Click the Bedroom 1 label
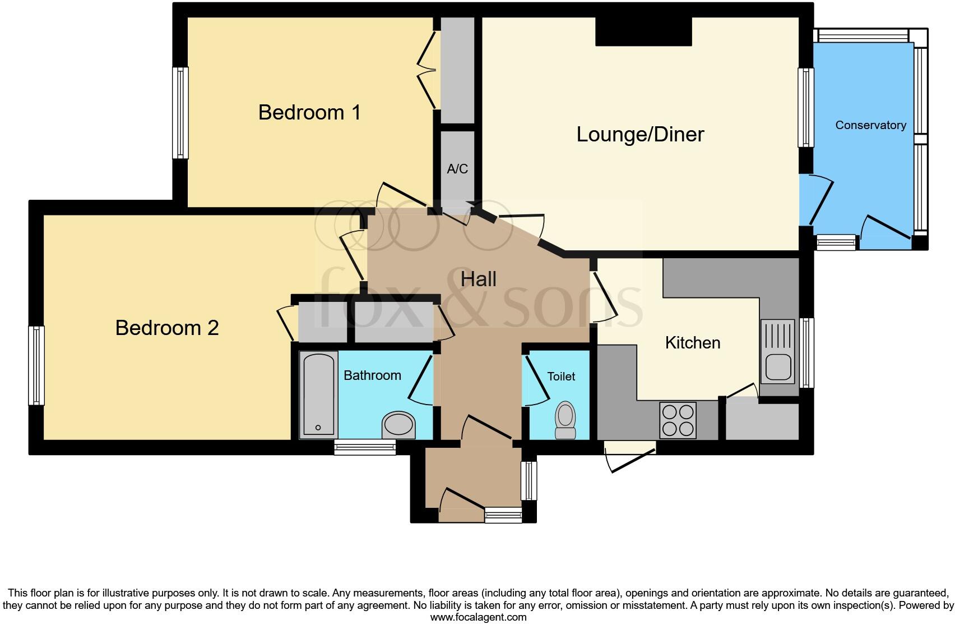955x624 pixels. [x=309, y=113]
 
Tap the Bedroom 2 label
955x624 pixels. [x=166, y=328]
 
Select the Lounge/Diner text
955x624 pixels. [x=640, y=135]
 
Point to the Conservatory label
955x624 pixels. [x=870, y=125]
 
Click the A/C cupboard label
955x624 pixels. [x=457, y=169]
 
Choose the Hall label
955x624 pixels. [x=478, y=279]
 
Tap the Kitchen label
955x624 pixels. [x=692, y=343]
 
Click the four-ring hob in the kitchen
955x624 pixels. [x=679, y=420]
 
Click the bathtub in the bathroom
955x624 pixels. [x=318, y=394]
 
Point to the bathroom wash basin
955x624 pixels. [x=398, y=425]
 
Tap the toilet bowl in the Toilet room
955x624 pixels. [x=565, y=419]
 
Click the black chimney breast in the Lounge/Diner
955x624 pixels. [x=643, y=31]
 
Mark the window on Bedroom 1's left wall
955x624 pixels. [x=180, y=112]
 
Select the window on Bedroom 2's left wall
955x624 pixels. [x=36, y=365]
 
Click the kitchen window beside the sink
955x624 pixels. [x=806, y=352]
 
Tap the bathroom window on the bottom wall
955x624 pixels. [x=365, y=447]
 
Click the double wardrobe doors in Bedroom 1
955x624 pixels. [x=427, y=70]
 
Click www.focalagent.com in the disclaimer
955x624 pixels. [x=478, y=617]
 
